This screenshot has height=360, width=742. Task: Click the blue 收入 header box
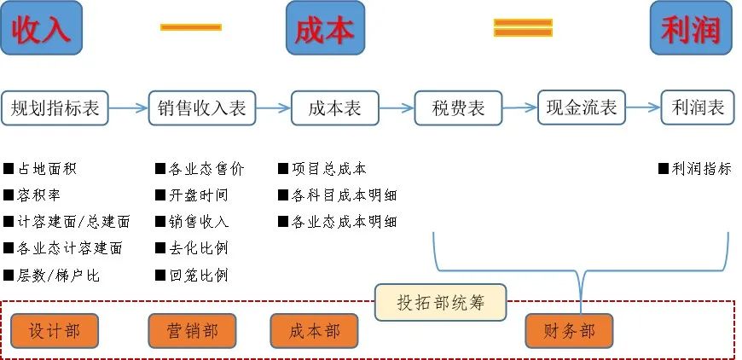tap(41, 28)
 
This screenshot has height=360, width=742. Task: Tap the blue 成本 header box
tap(325, 28)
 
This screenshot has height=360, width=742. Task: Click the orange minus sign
tap(191, 27)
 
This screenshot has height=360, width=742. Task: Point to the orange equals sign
tap(523, 27)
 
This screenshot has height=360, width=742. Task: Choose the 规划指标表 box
tap(55, 108)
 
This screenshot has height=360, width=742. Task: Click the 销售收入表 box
tap(202, 108)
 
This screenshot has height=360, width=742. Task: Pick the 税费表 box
tap(459, 108)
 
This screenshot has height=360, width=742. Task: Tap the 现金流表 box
tap(582, 107)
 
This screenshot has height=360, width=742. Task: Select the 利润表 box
tap(698, 107)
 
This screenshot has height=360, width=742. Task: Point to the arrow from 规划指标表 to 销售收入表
tap(129, 108)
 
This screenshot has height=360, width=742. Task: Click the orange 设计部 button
tap(55, 331)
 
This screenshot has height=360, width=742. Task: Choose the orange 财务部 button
tap(570, 331)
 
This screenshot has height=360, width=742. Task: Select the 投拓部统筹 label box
tap(441, 302)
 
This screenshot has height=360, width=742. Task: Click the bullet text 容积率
tap(32, 195)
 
